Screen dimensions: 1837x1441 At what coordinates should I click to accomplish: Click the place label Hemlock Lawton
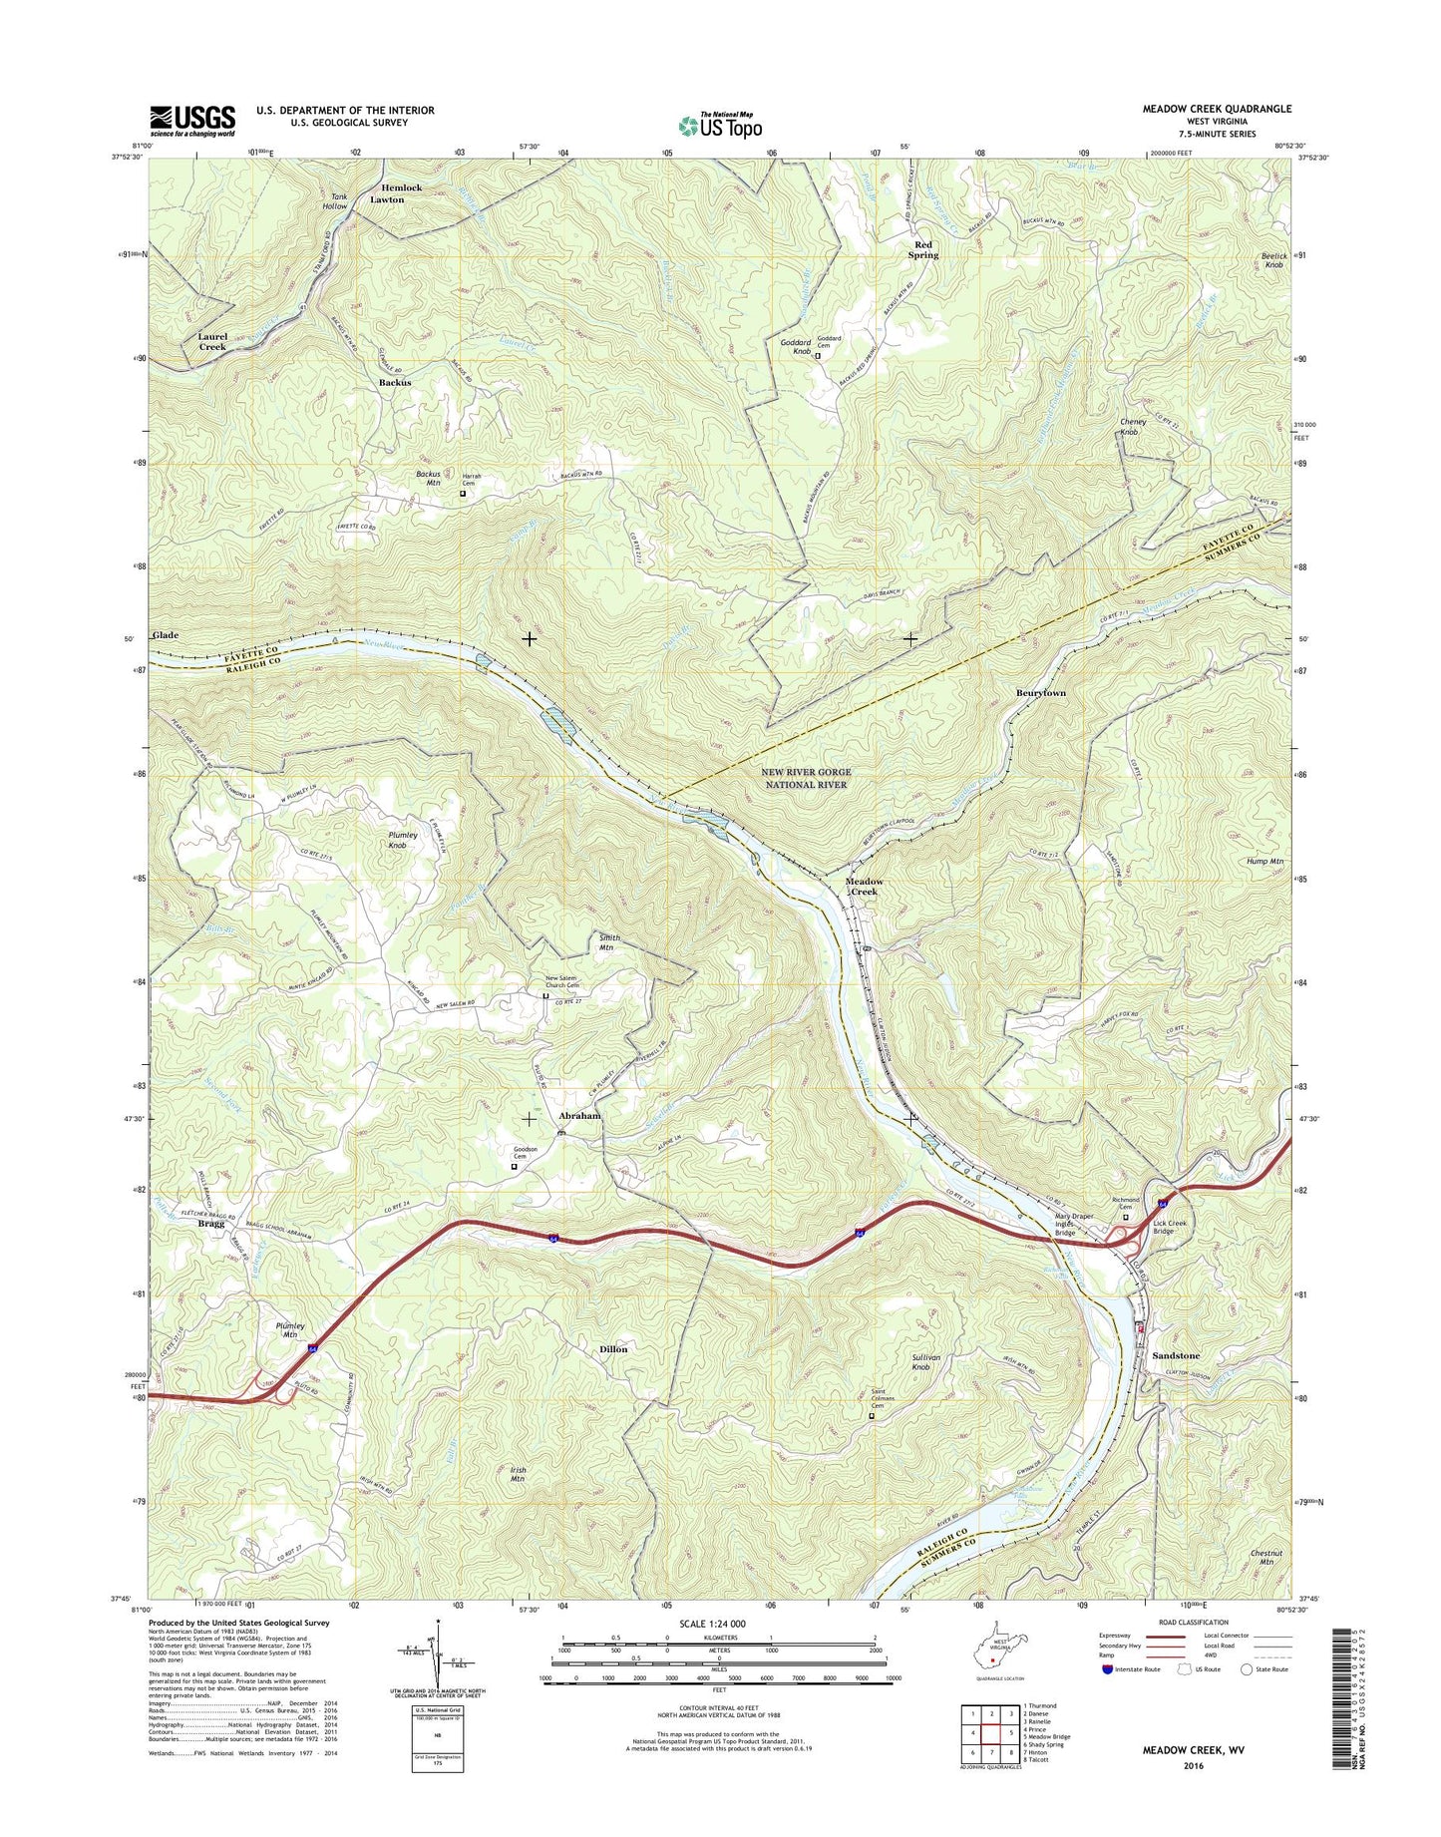click(388, 193)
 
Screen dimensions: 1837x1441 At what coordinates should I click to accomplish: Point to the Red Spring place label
click(922, 249)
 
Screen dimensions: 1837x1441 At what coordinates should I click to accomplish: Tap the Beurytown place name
click(1041, 692)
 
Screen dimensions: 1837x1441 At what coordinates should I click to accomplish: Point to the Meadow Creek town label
click(864, 887)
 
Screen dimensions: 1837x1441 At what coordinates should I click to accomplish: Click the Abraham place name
click(579, 1116)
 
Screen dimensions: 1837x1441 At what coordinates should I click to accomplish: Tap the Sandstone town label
click(1176, 1356)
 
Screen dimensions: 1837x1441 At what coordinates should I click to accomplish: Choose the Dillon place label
click(613, 1349)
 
